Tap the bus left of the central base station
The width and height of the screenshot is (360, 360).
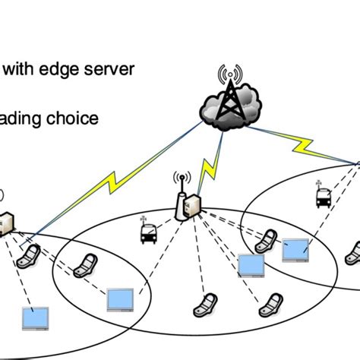[147, 232]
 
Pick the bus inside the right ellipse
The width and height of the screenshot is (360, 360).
[322, 197]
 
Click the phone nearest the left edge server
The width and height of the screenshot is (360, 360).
[30, 254]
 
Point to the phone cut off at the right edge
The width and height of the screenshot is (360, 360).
[353, 251]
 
